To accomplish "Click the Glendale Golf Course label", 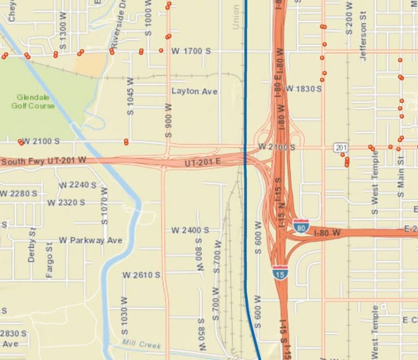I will click(33, 102).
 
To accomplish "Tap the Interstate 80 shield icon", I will click(301, 225).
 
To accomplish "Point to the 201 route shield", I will click(341, 148).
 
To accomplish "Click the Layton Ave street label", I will click(194, 91).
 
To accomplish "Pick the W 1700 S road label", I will click(191, 51).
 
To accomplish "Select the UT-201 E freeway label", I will click(202, 163).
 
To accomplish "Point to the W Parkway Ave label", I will click(91, 240).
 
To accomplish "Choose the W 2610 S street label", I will click(142, 275).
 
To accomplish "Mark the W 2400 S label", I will click(190, 230).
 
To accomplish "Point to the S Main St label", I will click(401, 176).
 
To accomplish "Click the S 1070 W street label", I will click(104, 206).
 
